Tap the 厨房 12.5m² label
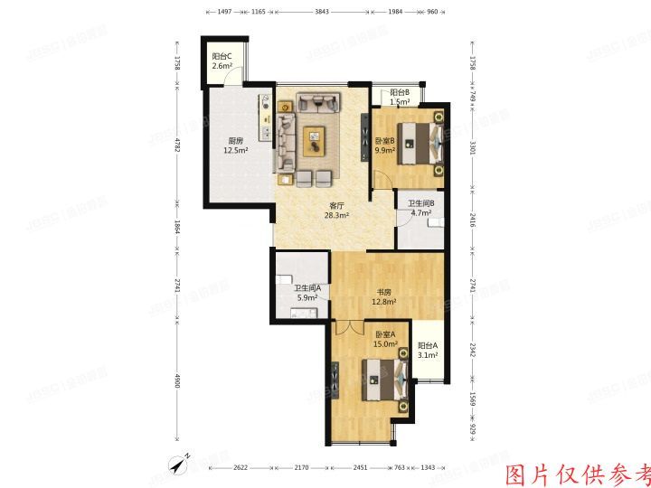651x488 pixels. [x=235, y=145]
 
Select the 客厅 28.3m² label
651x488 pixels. [x=336, y=211]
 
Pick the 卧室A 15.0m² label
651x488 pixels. [x=387, y=340]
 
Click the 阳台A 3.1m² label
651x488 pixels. [x=428, y=351]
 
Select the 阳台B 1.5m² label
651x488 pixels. [x=401, y=98]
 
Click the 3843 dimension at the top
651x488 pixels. [x=322, y=13]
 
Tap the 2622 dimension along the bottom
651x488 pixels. [x=239, y=468]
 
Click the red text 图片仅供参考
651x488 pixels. [x=577, y=474]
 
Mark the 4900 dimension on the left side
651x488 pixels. [x=179, y=383]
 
